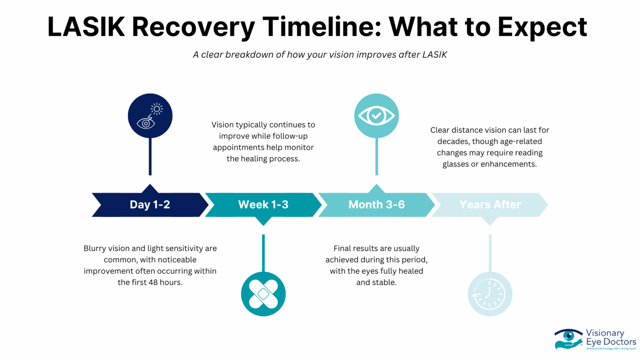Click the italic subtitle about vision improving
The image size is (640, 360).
click(320, 55)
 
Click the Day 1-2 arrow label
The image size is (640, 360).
click(150, 205)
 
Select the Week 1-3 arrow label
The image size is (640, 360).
click(263, 205)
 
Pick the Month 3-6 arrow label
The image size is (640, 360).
click(376, 205)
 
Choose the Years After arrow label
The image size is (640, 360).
click(490, 205)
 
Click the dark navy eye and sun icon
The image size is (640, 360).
click(150, 116)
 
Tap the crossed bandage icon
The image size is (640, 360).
click(263, 294)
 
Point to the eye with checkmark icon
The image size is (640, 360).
click(377, 116)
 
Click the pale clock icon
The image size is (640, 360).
click(490, 294)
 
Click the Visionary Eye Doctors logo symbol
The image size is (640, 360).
click(568, 339)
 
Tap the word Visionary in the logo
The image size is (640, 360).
click(605, 333)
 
